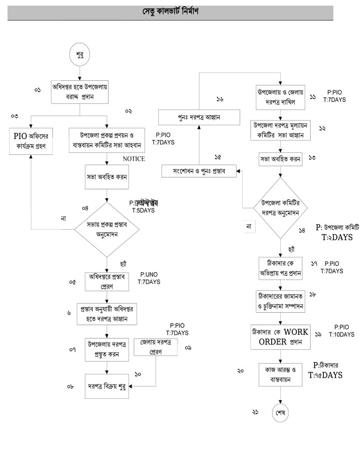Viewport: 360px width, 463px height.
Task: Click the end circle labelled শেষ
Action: [281, 413]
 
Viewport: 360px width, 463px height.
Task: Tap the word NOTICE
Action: [134, 158]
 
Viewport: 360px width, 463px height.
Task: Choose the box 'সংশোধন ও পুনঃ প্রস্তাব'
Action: [198, 171]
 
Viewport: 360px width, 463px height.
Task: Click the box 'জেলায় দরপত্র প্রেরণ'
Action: [155, 347]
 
